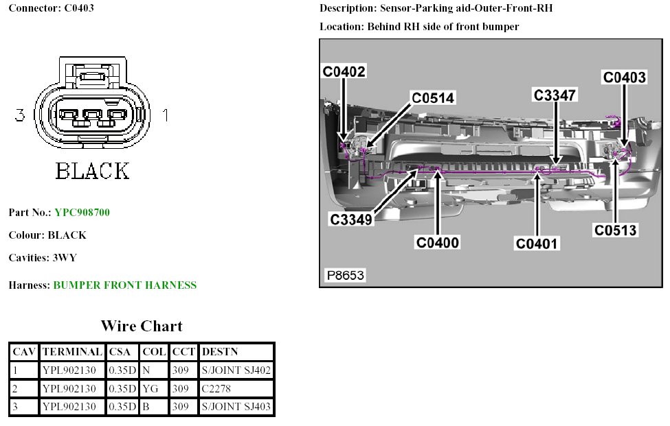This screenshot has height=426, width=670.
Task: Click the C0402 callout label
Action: [344, 71]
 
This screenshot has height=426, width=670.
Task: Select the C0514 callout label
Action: [433, 98]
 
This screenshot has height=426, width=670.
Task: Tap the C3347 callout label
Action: [555, 95]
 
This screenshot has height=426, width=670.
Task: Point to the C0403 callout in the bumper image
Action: [625, 78]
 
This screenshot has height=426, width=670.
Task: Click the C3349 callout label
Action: [350, 220]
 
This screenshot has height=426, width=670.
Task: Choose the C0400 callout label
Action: [437, 242]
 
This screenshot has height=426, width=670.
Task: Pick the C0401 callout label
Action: [538, 242]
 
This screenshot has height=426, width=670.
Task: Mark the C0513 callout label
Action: [616, 230]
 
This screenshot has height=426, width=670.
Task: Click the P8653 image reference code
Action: [345, 276]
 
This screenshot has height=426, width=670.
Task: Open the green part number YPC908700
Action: [82, 213]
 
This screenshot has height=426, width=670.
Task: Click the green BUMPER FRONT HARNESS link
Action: [124, 285]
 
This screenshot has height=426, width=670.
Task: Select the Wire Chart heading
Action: [142, 326]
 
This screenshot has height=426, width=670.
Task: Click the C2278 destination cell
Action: [216, 389]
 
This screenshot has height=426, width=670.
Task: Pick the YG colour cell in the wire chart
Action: [150, 389]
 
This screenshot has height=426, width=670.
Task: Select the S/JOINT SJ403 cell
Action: [236, 407]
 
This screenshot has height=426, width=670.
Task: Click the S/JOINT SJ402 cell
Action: [236, 370]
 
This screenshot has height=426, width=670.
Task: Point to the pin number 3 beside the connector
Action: [20, 116]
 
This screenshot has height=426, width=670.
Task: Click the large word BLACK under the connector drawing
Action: [92, 170]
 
